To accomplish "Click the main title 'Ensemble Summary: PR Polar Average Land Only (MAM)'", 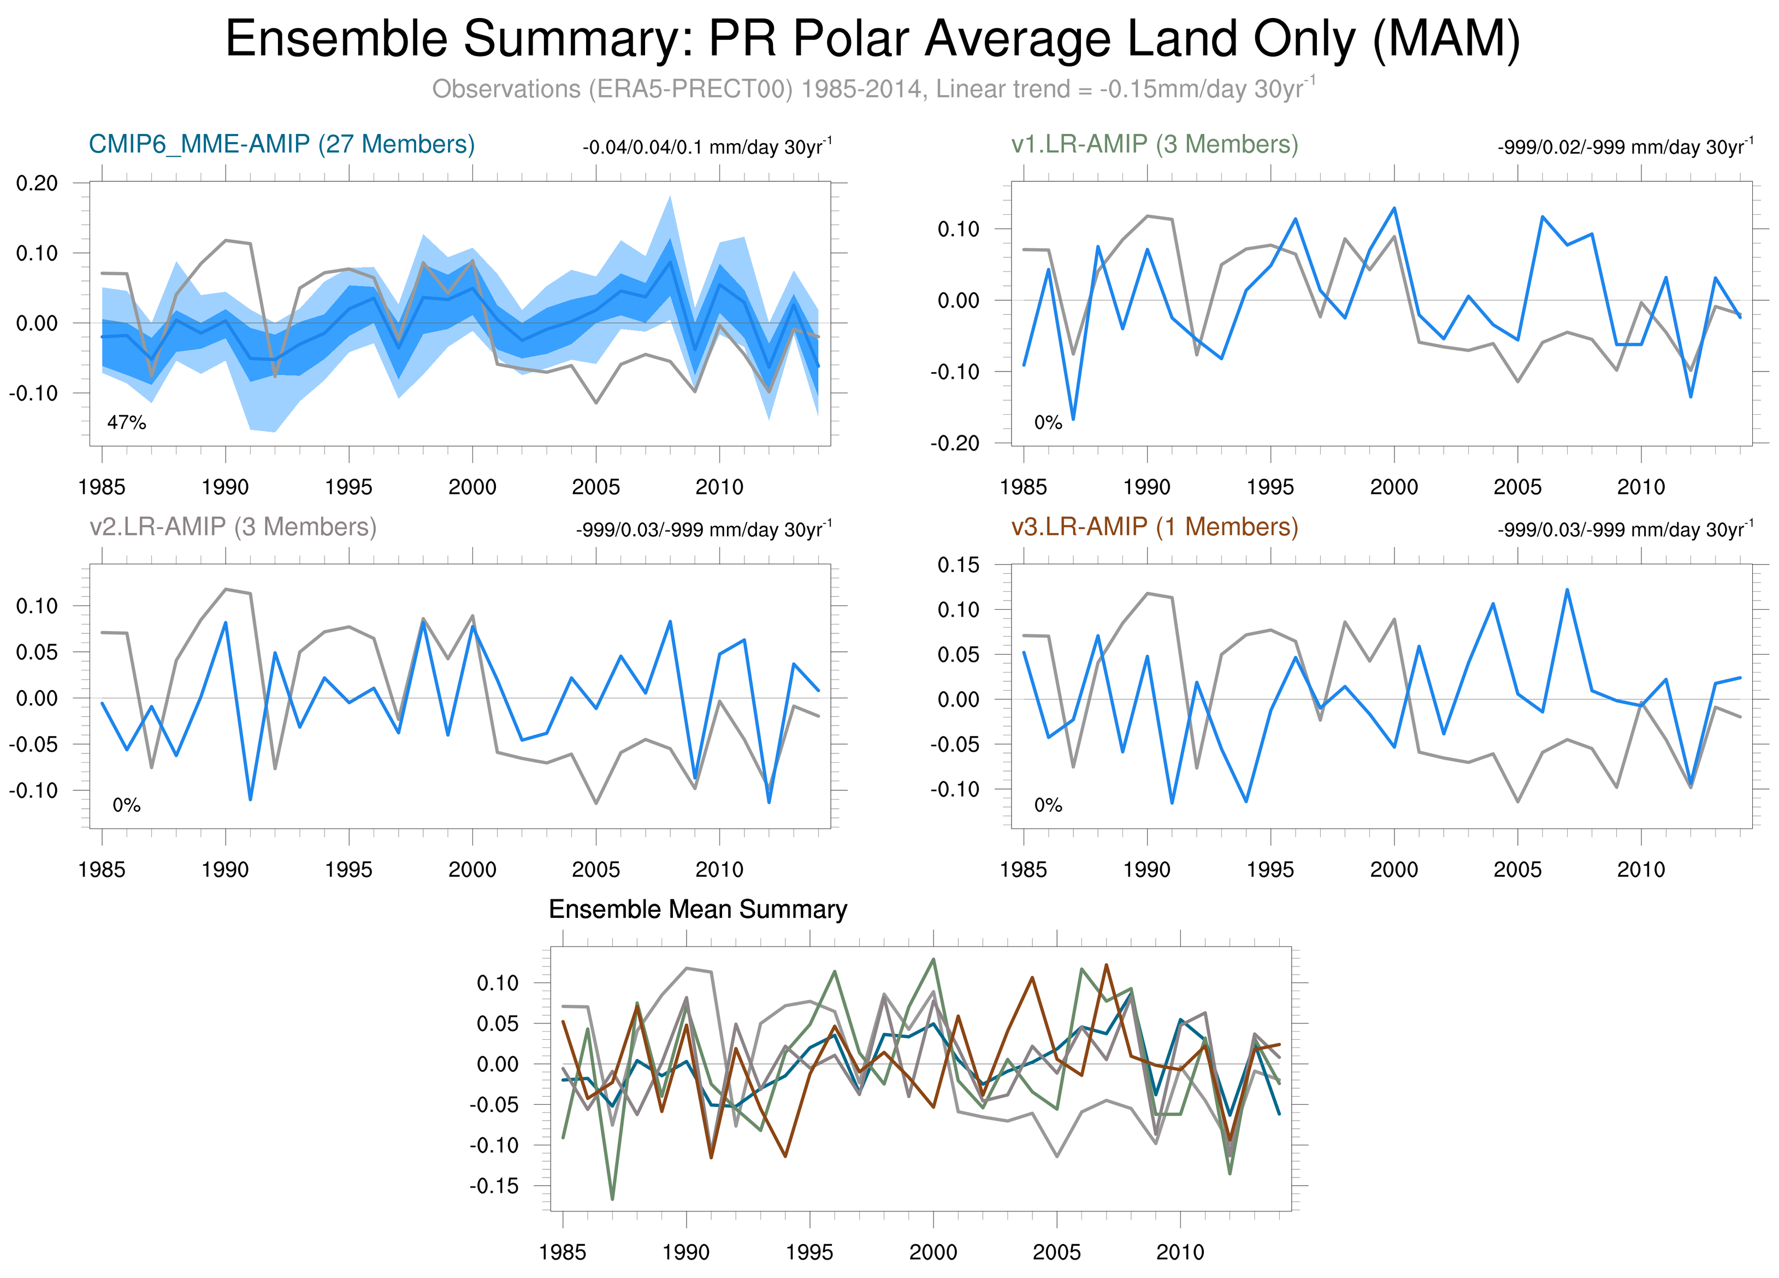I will (872, 39).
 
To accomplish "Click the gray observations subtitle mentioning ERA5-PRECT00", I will (872, 89).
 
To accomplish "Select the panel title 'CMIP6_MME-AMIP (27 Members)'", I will (282, 144).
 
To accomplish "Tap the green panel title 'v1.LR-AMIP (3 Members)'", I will (1154, 144).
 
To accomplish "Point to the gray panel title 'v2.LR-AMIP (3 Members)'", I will (233, 526).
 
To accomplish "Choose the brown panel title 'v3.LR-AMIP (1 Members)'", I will (1154, 526).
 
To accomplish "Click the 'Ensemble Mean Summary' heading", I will (698, 909).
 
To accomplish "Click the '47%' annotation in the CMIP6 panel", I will (126, 423).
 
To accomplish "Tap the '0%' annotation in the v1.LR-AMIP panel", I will (1048, 423).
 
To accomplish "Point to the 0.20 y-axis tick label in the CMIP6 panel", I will (37, 183).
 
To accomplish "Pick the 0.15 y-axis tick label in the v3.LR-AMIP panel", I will (959, 565).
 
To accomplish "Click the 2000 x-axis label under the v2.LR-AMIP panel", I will (472, 869).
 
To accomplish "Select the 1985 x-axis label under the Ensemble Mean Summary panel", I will (563, 1252).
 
